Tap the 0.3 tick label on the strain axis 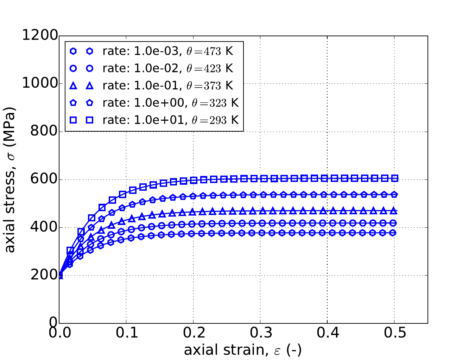click(260, 333)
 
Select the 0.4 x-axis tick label click(327, 333)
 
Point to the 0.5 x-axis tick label click(394, 333)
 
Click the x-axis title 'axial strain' click(243, 350)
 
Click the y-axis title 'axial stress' click(11, 179)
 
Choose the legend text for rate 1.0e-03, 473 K click(168, 51)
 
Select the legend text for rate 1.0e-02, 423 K click(168, 68)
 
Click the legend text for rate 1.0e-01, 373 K click(168, 86)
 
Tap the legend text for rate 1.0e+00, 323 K click(171, 103)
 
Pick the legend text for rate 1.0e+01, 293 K click(171, 120)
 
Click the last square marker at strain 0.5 click(394, 178)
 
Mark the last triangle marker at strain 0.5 click(394, 211)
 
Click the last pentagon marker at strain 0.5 click(394, 194)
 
